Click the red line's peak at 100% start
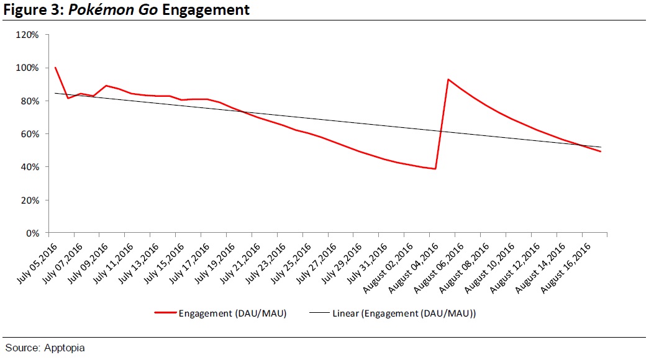click(55, 67)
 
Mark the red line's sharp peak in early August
click(448, 79)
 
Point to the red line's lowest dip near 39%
click(435, 169)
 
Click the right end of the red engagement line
click(601, 151)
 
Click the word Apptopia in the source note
click(65, 348)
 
